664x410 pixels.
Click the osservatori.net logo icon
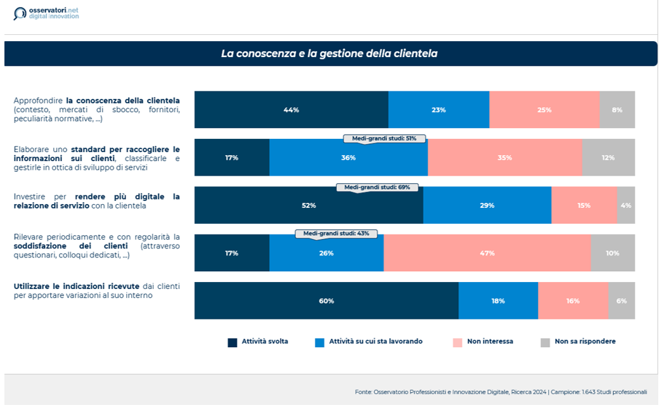point(20,13)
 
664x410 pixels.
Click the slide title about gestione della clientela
point(329,54)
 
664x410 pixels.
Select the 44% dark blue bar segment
point(291,110)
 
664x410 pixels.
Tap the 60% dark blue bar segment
point(326,301)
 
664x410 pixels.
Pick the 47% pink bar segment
point(487,253)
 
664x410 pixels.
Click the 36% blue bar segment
point(348,158)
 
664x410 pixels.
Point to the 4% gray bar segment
point(626,205)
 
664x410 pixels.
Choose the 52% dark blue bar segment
point(309,205)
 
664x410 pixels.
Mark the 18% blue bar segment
point(498,301)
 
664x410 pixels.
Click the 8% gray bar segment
point(617,110)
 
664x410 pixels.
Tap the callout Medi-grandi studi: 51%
point(384,138)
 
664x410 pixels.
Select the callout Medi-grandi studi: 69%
point(377,188)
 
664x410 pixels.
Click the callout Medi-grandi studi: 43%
point(336,234)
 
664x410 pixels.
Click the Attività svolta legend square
point(233,342)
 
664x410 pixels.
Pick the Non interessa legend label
point(490,342)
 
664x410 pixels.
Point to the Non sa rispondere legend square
point(545,342)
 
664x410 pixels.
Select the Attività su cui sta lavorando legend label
point(376,342)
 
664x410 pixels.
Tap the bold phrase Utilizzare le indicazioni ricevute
point(77,286)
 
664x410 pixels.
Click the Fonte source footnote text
point(501,392)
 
